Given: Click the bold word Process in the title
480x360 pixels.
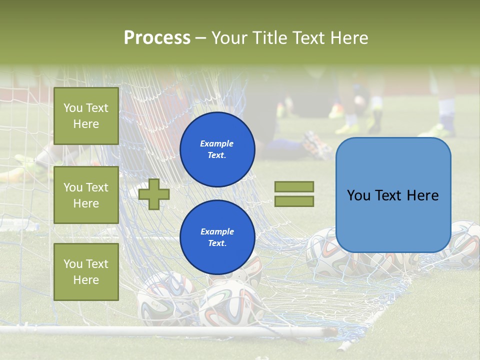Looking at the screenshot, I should pos(157,38).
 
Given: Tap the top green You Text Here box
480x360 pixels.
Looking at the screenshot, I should pos(86,116).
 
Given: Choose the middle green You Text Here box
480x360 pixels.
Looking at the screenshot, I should pos(86,195).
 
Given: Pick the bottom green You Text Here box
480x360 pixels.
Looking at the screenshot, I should pos(86,271).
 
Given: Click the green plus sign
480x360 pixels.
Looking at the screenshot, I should pos(154,194).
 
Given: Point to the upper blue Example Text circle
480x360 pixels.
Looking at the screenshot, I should pos(217,149).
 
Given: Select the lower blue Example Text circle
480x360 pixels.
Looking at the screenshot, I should pos(217,237).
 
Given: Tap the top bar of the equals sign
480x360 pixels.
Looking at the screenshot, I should pos(294,186).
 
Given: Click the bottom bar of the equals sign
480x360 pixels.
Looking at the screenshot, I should pos(294,201).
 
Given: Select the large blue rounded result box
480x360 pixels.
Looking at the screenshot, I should pos(393,194).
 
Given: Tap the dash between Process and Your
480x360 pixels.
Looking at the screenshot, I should pos(200,38).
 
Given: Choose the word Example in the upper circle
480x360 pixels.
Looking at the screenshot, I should pos(217,143).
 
